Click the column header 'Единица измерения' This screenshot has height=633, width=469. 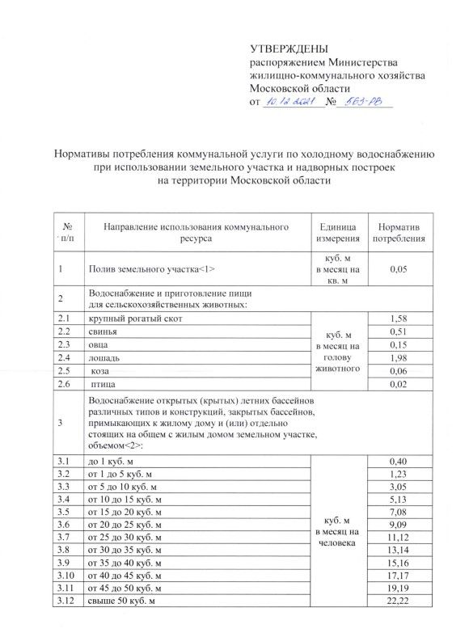tap(337, 233)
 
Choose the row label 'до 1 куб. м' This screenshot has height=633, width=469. tap(115, 461)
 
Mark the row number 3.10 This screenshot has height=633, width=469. tap(65, 578)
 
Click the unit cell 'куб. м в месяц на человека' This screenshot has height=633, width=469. tap(337, 532)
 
